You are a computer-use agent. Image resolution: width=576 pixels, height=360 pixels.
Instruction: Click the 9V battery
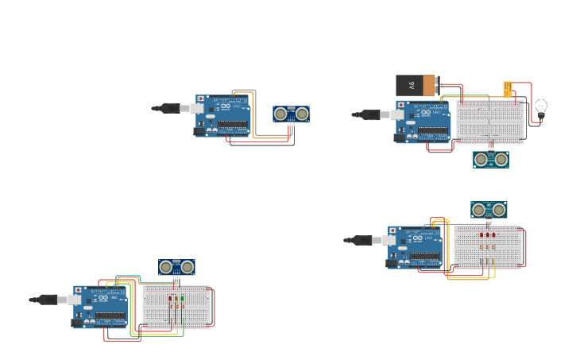pos(416,85)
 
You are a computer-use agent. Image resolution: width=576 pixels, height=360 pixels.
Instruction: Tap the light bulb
pos(541,107)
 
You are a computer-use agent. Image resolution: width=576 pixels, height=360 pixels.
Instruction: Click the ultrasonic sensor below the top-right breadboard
pos(491,160)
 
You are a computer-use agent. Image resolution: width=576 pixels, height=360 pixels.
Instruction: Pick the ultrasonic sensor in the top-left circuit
pos(291,114)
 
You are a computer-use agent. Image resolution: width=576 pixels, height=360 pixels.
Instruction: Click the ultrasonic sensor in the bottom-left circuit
pos(176,267)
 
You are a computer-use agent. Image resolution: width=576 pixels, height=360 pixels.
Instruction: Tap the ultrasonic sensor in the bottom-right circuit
pos(489,210)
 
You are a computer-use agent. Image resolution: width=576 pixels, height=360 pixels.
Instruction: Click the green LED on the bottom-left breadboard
pos(182,300)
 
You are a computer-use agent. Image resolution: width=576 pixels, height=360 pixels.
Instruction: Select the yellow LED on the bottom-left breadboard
pos(176,300)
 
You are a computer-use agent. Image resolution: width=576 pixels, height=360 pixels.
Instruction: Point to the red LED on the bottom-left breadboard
pos(169,300)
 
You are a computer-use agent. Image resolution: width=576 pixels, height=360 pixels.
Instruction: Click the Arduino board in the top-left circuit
pos(223,116)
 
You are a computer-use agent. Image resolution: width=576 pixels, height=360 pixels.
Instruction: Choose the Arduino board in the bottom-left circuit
pos(101,307)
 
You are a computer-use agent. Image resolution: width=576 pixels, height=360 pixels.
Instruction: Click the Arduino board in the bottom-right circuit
pos(416,246)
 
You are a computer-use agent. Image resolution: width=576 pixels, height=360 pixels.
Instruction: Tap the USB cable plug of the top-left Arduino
pos(171,108)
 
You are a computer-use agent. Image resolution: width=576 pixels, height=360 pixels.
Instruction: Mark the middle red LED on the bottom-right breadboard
pos(487,235)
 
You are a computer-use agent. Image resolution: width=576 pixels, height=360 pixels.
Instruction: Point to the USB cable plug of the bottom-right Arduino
pos(364,240)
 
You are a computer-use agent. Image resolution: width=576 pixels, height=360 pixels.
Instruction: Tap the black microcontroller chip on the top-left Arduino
pos(233,126)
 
